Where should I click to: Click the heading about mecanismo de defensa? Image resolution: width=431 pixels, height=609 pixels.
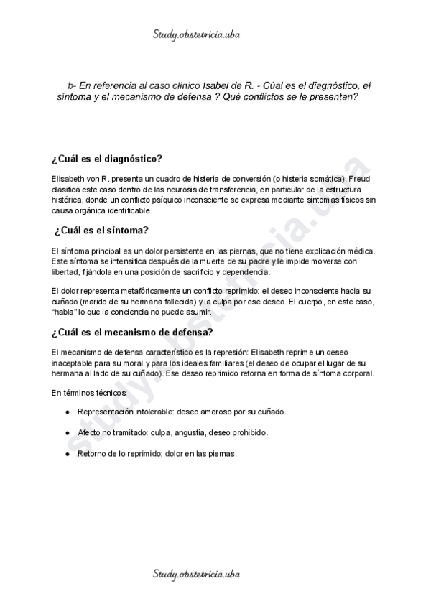tap(131, 333)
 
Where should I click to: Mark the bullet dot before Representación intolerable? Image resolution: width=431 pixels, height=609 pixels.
tap(67, 412)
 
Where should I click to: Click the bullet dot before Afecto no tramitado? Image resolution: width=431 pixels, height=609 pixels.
tap(67, 433)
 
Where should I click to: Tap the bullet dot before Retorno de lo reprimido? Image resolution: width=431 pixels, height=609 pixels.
tap(67, 455)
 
